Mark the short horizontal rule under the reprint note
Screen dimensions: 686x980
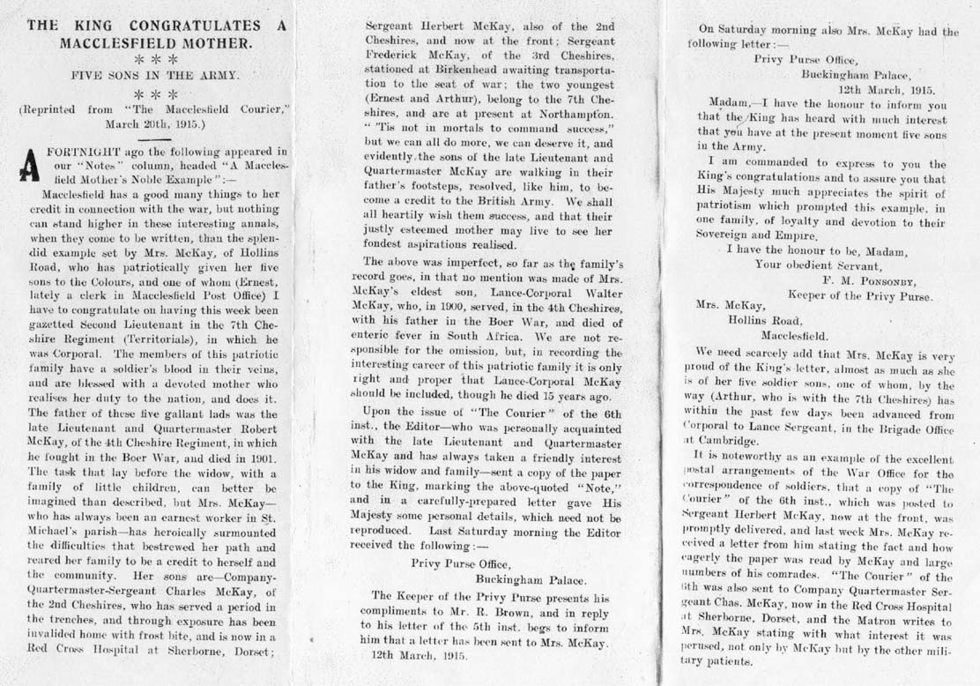158,138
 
